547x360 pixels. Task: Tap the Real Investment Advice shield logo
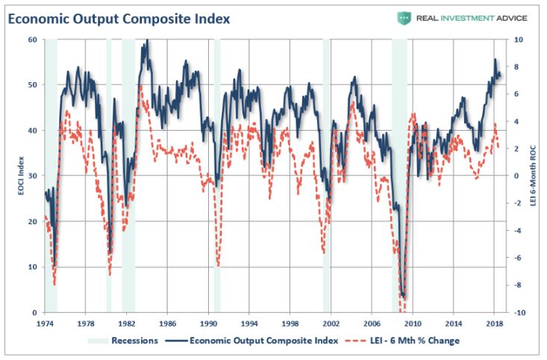pyautogui.click(x=404, y=18)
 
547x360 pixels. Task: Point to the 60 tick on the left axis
pyautogui.click(x=32, y=40)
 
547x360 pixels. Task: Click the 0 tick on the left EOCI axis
pyautogui.click(x=34, y=312)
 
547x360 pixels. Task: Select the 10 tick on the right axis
pyautogui.click(x=518, y=40)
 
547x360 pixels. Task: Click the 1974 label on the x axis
pyautogui.click(x=45, y=325)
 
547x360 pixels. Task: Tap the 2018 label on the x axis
pyautogui.click(x=493, y=325)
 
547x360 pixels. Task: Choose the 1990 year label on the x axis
pyautogui.click(x=208, y=325)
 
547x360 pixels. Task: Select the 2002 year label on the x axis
pyautogui.click(x=331, y=325)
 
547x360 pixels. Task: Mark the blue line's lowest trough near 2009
pyautogui.click(x=404, y=297)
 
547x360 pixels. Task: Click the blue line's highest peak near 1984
pyautogui.click(x=146, y=41)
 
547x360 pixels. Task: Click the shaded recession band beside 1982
pyautogui.click(x=128, y=176)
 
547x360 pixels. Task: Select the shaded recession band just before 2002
pyautogui.click(x=327, y=176)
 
